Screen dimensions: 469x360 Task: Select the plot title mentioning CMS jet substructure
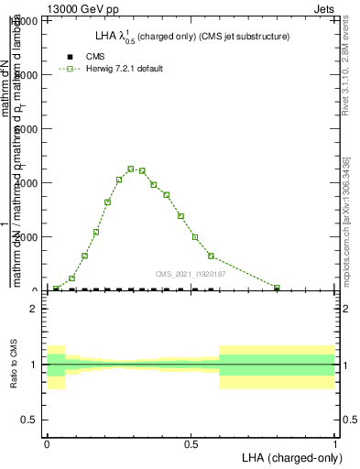tap(192, 37)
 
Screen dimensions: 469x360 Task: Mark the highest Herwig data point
tap(131, 169)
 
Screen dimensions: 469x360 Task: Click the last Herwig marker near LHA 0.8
tap(277, 288)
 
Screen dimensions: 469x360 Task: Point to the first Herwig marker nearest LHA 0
tap(56, 289)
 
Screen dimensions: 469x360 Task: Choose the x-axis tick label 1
tap(335, 442)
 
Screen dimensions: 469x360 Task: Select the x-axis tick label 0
tap(47, 442)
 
